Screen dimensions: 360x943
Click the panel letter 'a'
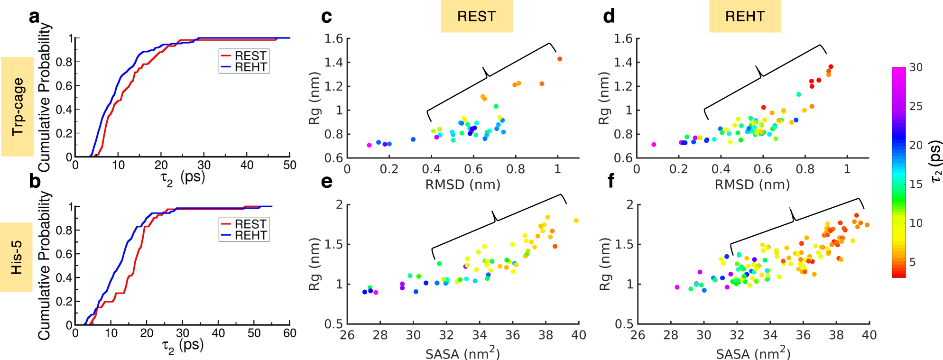[x=34, y=17]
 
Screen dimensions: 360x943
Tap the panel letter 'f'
[x=610, y=181]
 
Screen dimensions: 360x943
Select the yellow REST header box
[x=476, y=16]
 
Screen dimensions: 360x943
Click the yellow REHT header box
[x=745, y=16]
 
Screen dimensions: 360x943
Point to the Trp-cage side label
[x=18, y=107]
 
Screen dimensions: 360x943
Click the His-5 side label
[x=16, y=257]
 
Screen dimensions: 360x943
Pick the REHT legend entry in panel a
[x=244, y=67]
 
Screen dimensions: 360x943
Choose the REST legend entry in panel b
[x=244, y=224]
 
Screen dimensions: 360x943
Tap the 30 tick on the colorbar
[x=915, y=67]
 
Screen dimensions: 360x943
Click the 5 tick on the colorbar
[x=912, y=262]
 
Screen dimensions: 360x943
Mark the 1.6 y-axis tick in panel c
[x=333, y=38]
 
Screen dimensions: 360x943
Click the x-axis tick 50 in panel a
[x=289, y=165]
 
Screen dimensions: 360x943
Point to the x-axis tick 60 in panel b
[x=289, y=333]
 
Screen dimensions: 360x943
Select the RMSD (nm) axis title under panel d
[x=752, y=185]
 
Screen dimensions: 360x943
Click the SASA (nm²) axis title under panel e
[x=462, y=353]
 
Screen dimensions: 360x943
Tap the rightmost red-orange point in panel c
[x=560, y=59]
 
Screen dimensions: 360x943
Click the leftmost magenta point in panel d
[x=654, y=144]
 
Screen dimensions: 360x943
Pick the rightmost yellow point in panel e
[x=576, y=221]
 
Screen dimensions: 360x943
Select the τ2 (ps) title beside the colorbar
[x=935, y=161]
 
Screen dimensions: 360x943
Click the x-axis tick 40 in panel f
[x=869, y=335]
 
